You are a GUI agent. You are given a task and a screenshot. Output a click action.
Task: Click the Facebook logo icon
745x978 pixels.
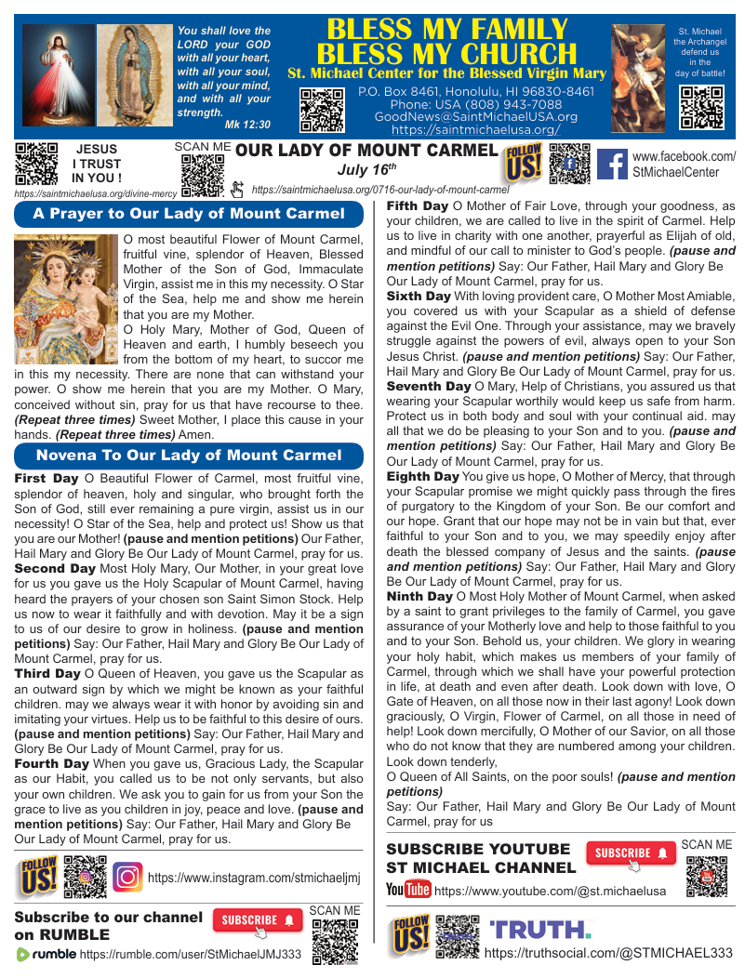(611, 165)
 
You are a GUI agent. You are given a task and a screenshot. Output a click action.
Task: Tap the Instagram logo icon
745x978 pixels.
(127, 877)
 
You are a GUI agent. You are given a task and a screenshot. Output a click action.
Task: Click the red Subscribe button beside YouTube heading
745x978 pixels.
(631, 852)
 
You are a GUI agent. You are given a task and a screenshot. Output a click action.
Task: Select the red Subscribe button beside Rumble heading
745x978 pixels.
(258, 920)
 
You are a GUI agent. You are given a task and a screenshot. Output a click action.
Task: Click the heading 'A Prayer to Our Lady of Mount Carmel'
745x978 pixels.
(189, 214)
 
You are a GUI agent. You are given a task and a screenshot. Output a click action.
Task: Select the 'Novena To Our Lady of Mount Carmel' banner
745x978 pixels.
(189, 456)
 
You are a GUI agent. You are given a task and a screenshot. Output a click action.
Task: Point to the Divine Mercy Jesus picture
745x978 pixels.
(58, 74)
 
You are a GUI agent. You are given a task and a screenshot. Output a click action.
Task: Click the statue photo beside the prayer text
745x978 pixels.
(66, 298)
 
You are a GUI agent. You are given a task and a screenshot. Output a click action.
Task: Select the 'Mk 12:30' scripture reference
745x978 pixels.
(248, 125)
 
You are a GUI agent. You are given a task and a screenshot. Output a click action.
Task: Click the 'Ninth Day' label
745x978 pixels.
(419, 596)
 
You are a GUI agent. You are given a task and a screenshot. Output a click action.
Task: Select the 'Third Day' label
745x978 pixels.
(47, 673)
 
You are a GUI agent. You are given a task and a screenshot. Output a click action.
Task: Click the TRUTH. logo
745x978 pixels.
(540, 929)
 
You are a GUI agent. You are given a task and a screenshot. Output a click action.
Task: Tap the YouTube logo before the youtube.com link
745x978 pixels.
(408, 890)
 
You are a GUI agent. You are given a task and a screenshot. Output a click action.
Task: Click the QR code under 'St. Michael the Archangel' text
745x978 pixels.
(702, 107)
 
